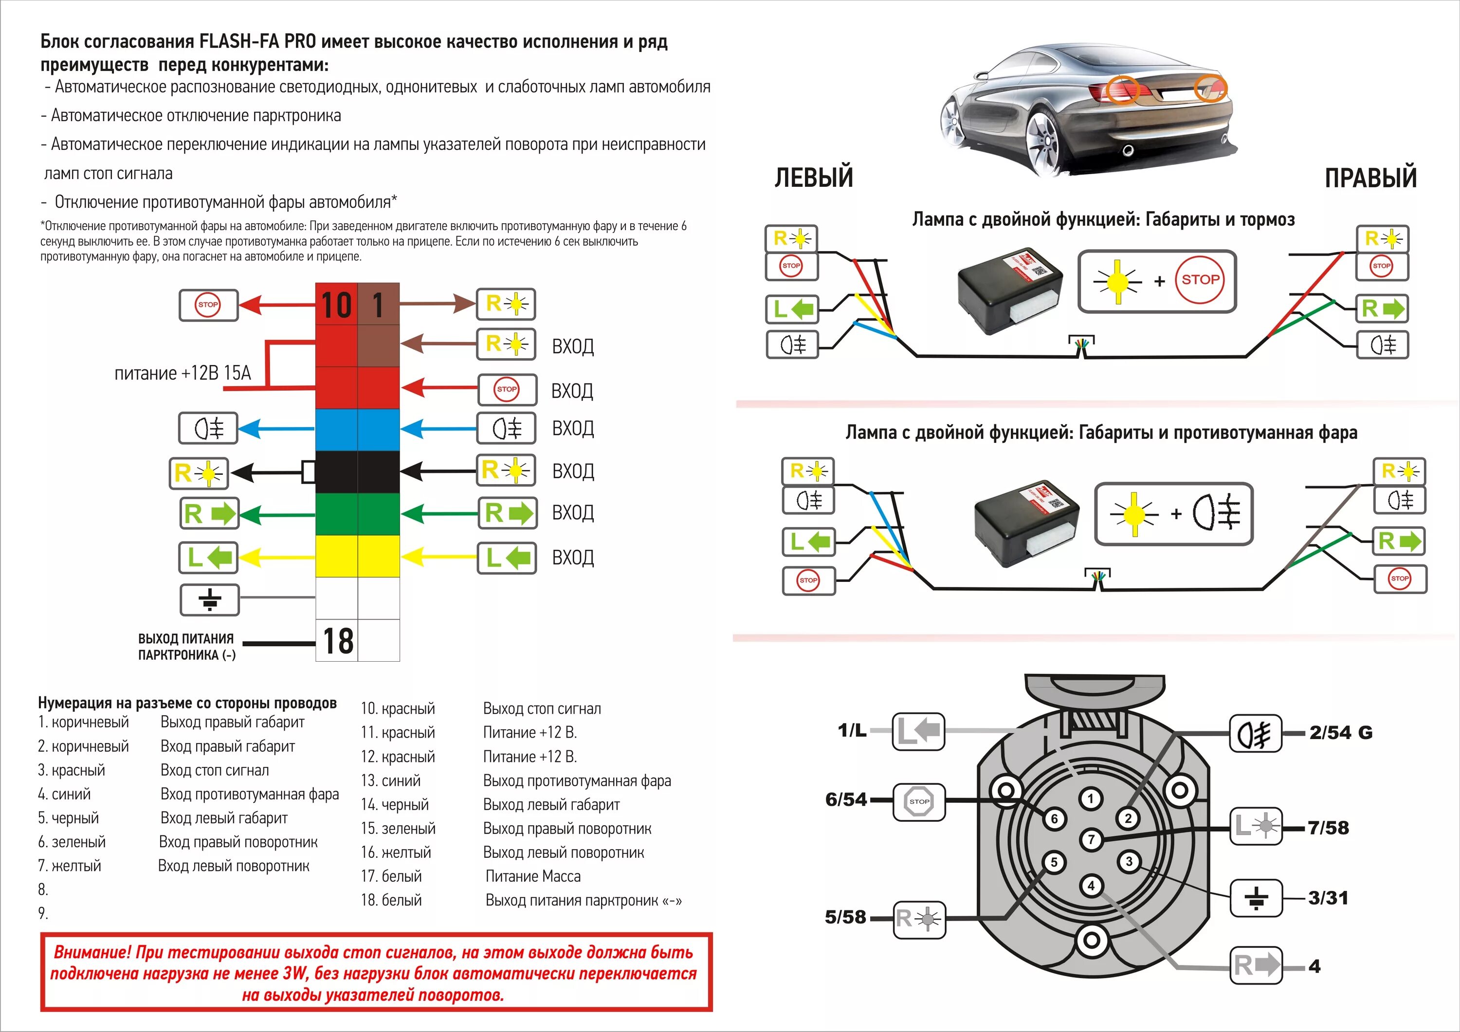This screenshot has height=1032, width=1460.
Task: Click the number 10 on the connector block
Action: coord(336,305)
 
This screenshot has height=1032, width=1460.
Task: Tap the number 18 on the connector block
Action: coord(338,641)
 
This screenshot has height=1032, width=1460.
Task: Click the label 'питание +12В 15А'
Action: coord(182,373)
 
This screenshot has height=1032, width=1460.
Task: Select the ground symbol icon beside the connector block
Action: coord(210,599)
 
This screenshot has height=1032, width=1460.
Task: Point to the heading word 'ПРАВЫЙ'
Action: coord(1370,178)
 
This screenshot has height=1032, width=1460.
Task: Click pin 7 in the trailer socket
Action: coord(1091,839)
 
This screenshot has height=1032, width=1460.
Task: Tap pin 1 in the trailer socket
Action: coord(1091,798)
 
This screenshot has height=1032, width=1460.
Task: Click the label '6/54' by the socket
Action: coord(846,800)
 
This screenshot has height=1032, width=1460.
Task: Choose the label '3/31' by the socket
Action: coord(1328,898)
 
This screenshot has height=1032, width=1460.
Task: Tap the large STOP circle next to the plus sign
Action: coord(1200,280)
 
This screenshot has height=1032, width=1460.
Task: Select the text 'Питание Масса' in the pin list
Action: coord(533,876)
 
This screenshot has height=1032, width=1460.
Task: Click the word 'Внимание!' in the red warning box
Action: coord(92,953)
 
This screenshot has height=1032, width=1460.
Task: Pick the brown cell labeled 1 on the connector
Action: coord(378,305)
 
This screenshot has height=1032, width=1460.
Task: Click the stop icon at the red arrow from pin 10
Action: coord(208,305)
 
